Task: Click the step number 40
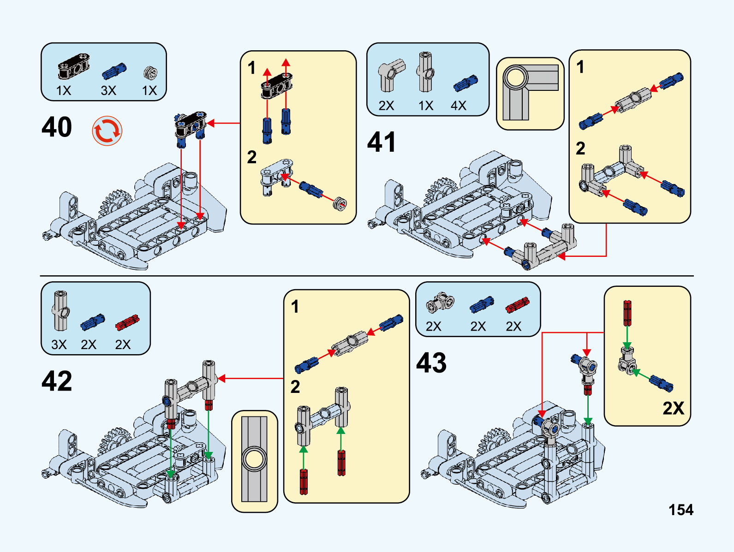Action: (57, 127)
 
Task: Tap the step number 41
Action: (382, 142)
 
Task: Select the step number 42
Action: (57, 381)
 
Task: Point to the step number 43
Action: (431, 363)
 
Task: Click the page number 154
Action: (681, 510)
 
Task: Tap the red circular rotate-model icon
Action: (107, 131)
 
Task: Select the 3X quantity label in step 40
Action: (108, 90)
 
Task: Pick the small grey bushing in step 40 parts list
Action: (150, 72)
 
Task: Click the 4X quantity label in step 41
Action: (458, 106)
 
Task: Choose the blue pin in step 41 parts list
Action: (465, 83)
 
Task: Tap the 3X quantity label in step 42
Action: (59, 344)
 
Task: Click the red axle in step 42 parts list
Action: (127, 322)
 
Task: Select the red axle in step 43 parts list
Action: (517, 305)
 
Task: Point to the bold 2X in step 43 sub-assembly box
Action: (673, 408)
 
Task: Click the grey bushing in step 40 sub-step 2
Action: (340, 203)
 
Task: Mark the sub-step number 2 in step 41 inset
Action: (580, 148)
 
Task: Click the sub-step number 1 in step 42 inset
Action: (295, 307)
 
